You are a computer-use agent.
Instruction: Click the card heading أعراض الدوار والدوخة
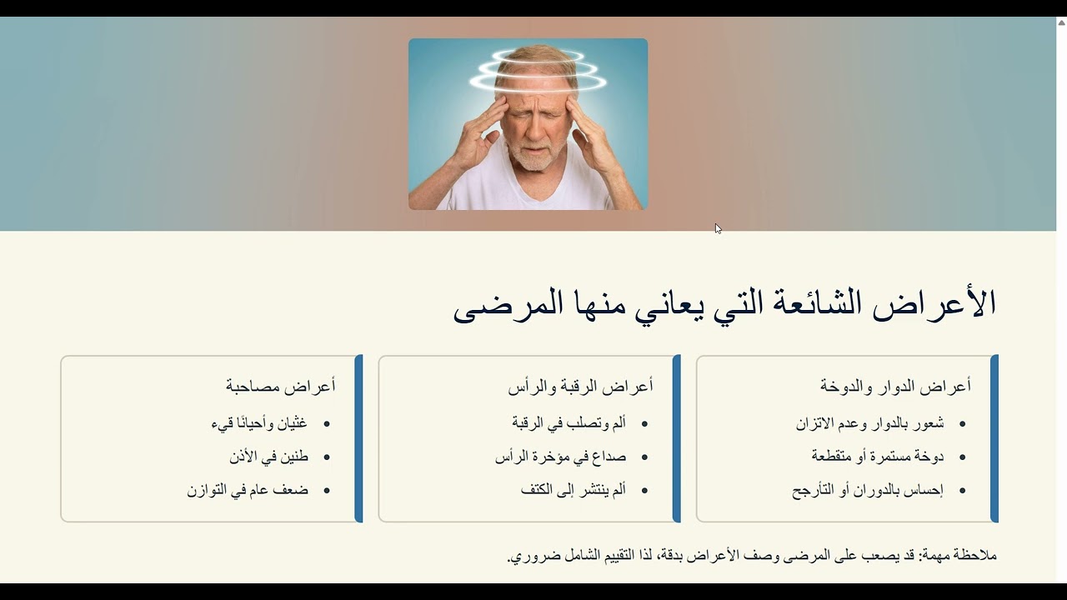895,386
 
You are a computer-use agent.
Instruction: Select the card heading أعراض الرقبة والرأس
581,386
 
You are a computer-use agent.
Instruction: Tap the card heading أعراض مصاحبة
281,385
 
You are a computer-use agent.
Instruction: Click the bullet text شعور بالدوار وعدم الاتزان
869,423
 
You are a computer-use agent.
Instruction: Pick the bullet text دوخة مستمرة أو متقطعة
878,456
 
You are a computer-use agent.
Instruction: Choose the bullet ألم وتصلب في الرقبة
569,422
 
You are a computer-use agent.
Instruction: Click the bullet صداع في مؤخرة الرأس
561,457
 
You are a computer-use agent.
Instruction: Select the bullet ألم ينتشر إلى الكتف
573,489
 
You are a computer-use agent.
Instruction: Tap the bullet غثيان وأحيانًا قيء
259,423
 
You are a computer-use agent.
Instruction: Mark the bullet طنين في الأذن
268,457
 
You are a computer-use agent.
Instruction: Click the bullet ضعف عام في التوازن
248,490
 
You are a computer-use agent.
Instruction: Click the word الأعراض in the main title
934,303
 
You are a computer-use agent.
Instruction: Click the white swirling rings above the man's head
538,71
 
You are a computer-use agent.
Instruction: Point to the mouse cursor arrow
718,229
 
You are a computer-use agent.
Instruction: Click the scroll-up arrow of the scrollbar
1062,22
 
